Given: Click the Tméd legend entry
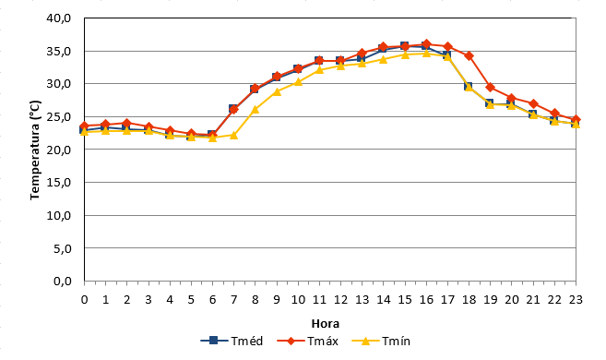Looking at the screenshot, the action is tap(232, 341).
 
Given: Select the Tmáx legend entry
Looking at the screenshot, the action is tap(308, 341).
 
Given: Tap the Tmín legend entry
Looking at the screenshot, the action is tap(381, 341).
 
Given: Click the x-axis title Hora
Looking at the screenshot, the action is tap(326, 323).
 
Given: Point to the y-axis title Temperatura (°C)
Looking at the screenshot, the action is tap(35, 150).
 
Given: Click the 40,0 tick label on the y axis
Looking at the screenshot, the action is tap(59, 18).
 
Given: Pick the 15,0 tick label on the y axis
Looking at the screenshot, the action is tap(59, 183).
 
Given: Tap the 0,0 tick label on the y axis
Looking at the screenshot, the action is tap(63, 282).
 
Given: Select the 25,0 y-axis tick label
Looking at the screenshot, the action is tap(59, 117).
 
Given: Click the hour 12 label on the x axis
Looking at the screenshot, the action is tap(340, 300).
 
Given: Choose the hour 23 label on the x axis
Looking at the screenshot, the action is tap(576, 300).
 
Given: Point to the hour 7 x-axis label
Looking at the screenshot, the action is tap(233, 300).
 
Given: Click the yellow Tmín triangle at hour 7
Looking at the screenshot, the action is tap(233, 135).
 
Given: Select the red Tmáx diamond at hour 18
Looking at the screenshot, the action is tap(469, 56).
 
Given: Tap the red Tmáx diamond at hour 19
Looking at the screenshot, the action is tap(490, 88).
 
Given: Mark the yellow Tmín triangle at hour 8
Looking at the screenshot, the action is tap(255, 110).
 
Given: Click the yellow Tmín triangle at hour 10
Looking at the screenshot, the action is tap(298, 81).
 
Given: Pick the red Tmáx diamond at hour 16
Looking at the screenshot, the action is tap(426, 44).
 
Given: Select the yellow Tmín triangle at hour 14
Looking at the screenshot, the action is tap(383, 59).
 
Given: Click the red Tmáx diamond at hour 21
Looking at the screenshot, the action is tap(533, 104).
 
